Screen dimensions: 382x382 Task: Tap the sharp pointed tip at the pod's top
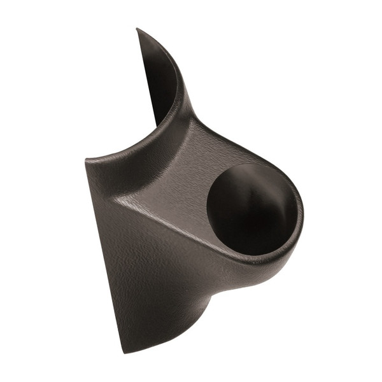138,29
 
